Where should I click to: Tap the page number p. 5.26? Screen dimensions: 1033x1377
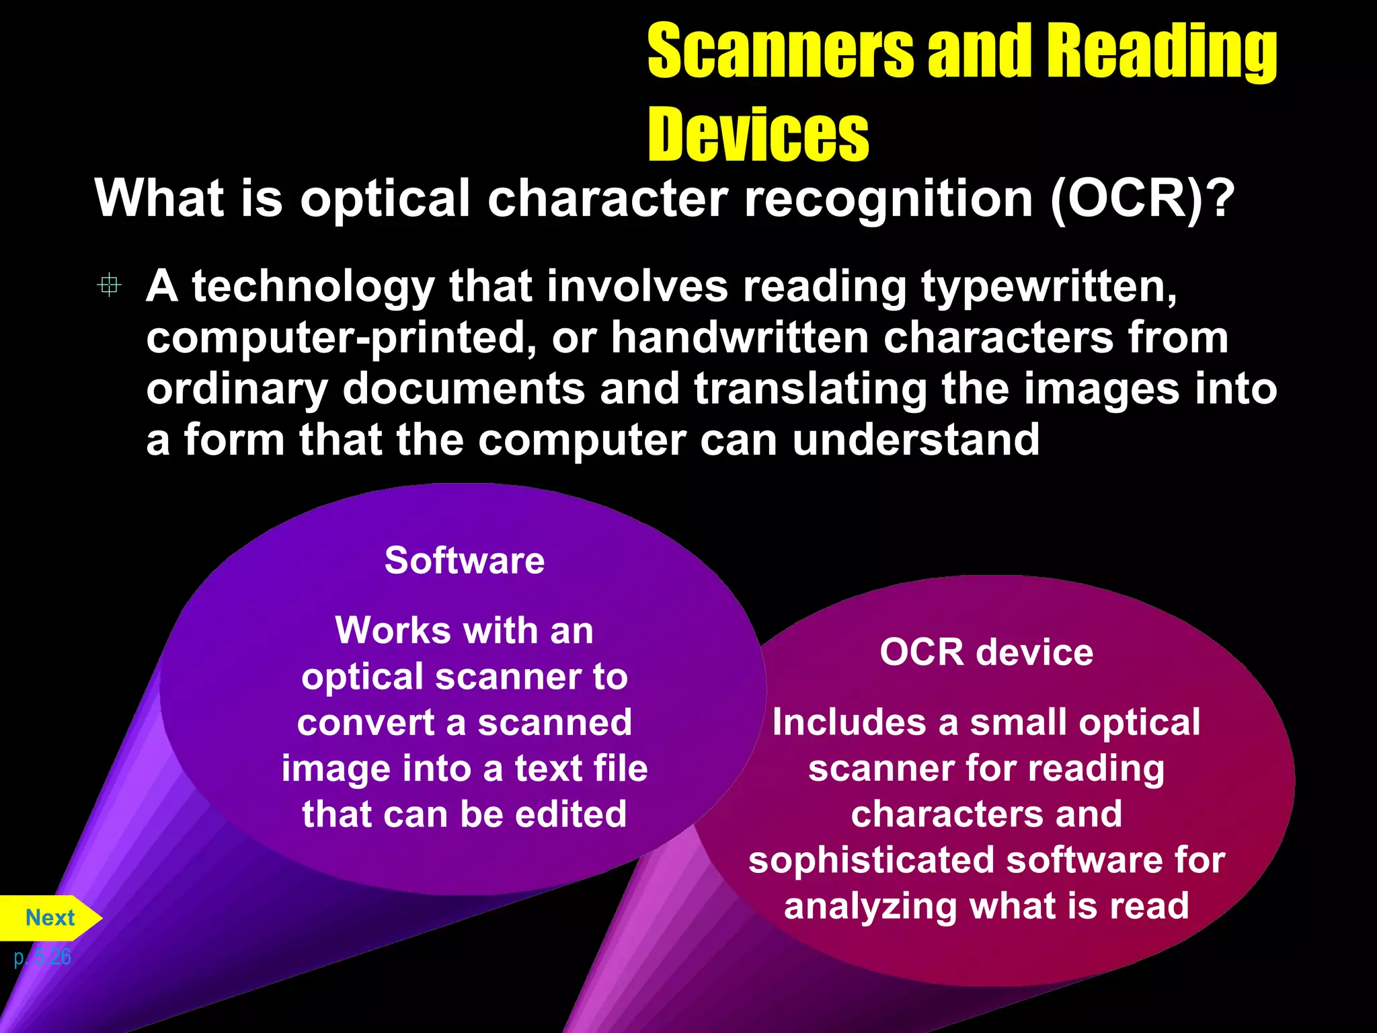(42, 956)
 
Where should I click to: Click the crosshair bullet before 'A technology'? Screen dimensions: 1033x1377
(109, 285)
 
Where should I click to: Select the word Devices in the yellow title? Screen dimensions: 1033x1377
(758, 135)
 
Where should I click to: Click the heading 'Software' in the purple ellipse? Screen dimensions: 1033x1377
(464, 560)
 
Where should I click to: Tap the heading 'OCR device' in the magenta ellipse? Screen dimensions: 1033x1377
(986, 652)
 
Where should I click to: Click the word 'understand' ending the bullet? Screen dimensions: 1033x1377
(915, 441)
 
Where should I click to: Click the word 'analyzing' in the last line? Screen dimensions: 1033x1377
(870, 907)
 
